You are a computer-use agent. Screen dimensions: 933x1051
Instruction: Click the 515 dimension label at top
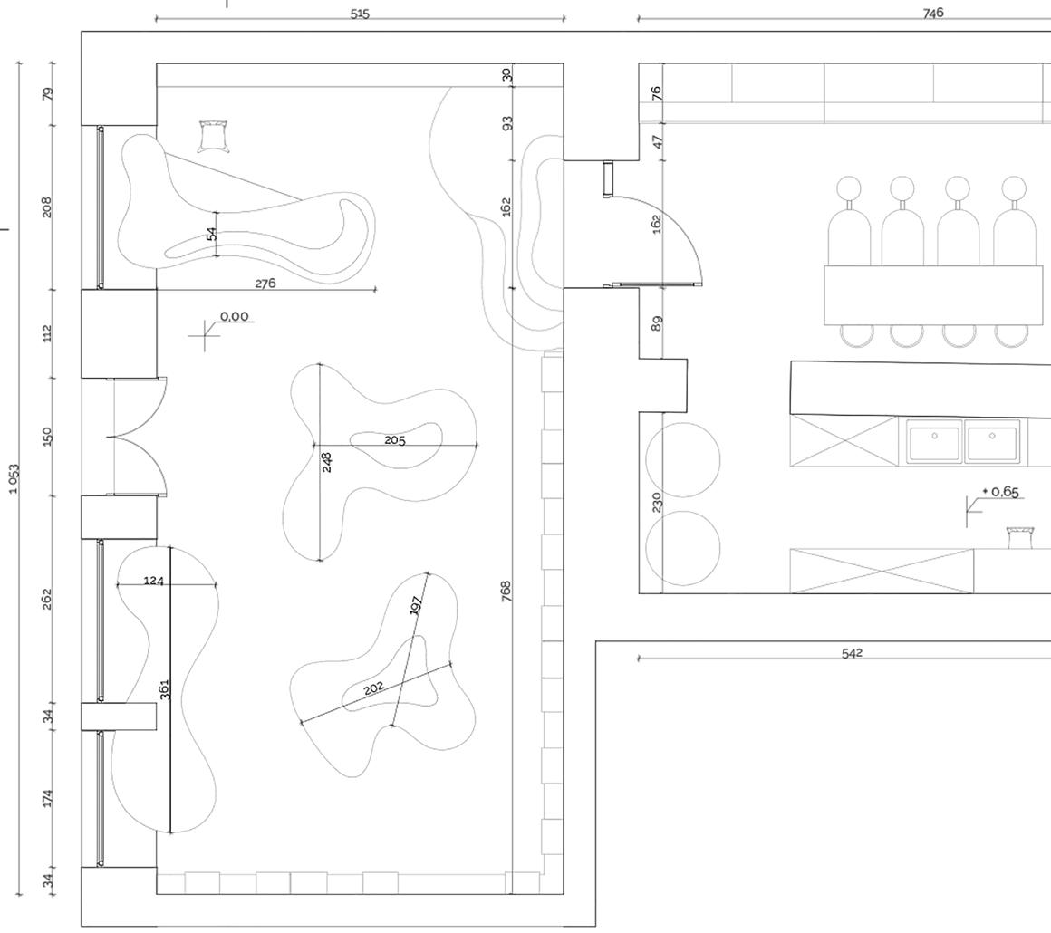point(360,14)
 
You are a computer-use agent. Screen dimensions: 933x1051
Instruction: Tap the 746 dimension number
point(933,13)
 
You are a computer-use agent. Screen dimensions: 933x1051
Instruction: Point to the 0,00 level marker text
point(234,316)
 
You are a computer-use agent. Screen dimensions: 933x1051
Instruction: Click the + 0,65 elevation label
point(1001,492)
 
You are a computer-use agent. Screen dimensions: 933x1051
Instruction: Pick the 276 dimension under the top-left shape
point(265,284)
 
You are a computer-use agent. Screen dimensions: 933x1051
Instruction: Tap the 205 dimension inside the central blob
point(395,440)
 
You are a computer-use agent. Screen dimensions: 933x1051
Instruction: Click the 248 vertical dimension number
point(327,462)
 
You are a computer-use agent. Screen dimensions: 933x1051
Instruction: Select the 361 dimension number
point(164,688)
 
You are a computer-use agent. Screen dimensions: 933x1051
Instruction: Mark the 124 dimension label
point(154,580)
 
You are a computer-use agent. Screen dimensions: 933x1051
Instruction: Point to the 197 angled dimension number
point(416,605)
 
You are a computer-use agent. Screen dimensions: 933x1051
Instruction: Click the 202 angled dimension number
point(373,688)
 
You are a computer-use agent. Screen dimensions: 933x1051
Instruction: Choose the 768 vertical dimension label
point(506,591)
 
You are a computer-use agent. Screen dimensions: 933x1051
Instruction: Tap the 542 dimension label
point(852,652)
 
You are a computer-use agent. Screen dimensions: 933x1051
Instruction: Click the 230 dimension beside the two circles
point(657,502)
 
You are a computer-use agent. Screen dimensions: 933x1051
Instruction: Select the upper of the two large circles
point(683,460)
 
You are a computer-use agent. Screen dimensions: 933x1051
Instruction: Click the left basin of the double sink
point(934,442)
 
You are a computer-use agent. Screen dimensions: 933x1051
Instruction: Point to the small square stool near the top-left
point(212,136)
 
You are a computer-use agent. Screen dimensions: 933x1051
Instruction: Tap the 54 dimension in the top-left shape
point(211,234)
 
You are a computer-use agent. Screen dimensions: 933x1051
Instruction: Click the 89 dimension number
point(657,322)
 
